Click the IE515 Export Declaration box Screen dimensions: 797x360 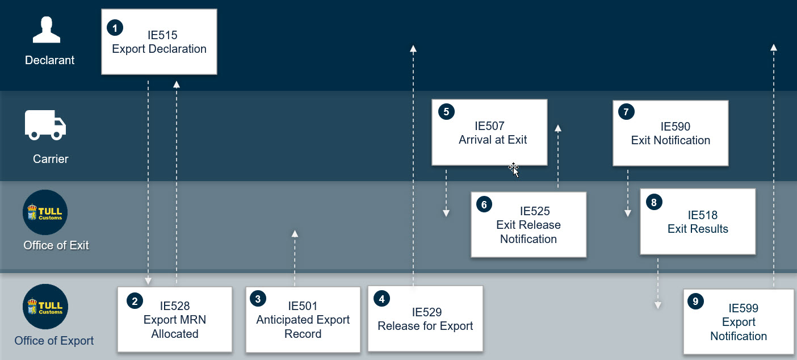point(159,41)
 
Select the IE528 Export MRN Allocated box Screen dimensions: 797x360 point(175,320)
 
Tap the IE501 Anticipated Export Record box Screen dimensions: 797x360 point(303,320)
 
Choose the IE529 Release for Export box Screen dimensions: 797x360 point(425,319)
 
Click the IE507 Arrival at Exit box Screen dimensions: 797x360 point(489,132)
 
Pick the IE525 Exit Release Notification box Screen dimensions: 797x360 point(528,224)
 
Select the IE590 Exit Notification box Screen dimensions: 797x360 point(670,133)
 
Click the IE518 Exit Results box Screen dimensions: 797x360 point(697,221)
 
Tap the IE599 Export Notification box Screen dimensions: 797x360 point(739,321)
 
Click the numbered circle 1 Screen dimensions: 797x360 point(115,28)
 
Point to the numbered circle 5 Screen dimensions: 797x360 point(446,112)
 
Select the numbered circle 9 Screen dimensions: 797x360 point(695,302)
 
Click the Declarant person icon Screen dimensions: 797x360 point(47,30)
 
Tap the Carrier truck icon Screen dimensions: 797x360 point(45,125)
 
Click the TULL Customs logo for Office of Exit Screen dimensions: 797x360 point(45,212)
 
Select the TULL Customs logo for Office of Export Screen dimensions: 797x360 point(45,306)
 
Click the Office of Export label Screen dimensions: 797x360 point(54,341)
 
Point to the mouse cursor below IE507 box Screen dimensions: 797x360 point(514,170)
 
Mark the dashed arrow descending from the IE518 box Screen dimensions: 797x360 point(658,283)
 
